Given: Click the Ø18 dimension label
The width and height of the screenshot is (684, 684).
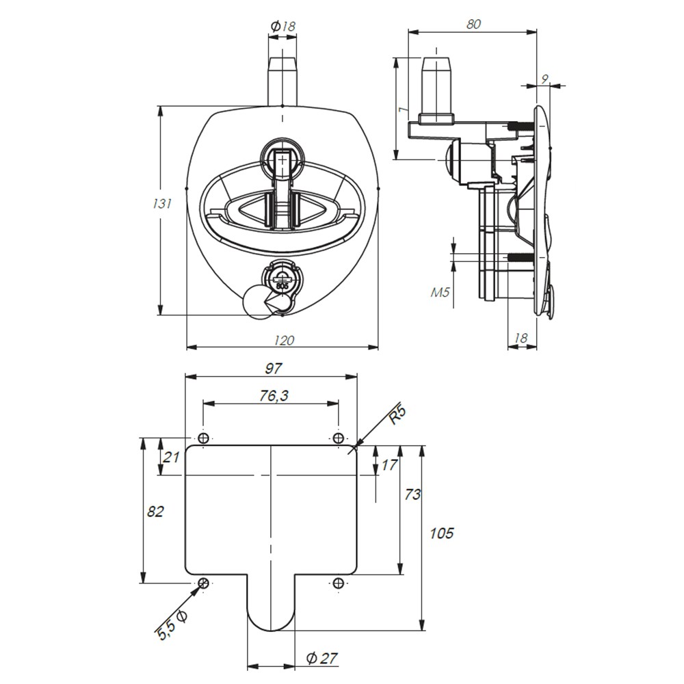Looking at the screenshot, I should pos(283,26).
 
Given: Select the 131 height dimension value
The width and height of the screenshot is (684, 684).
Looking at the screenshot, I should pos(161,203).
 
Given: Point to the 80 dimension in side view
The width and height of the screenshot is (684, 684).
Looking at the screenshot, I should pos(473,23).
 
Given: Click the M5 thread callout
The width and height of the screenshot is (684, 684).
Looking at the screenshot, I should pos(440,293).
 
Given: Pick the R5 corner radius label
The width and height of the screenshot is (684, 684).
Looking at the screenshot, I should pos(398,416).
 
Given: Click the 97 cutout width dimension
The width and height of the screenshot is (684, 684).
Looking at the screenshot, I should pos(274,369).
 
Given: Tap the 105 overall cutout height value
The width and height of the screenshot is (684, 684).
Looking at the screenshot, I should pos(442,533).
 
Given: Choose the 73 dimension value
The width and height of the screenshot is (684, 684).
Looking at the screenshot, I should pos(412,495).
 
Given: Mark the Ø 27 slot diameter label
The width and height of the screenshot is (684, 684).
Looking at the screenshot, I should pos(322,659).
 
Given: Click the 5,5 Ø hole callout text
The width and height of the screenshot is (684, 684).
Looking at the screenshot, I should pos(173,623).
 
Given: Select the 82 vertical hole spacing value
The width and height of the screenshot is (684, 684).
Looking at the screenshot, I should pos(156,512).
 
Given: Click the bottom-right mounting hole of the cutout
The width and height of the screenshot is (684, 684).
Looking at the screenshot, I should pos(339,583).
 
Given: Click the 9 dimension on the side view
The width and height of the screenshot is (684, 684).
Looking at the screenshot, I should pos(544,79).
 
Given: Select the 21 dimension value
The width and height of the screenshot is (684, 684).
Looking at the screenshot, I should pos(172,457).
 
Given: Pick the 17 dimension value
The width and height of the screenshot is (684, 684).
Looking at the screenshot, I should pos(389,465).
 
